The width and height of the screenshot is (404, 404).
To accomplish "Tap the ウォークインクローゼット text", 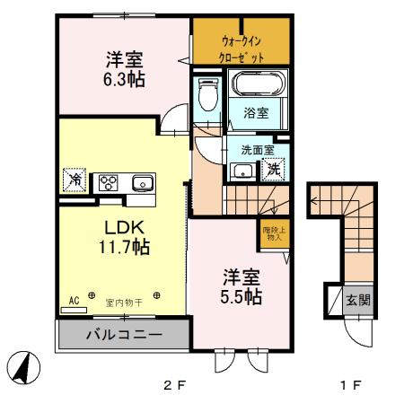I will (242, 48).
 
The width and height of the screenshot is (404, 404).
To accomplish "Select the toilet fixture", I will (207, 93).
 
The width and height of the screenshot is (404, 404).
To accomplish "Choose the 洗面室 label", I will (248, 150).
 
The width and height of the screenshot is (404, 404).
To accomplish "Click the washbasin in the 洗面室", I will (241, 171).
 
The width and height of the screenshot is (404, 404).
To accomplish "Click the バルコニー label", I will (123, 336).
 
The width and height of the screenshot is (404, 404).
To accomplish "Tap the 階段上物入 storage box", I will (273, 235).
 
